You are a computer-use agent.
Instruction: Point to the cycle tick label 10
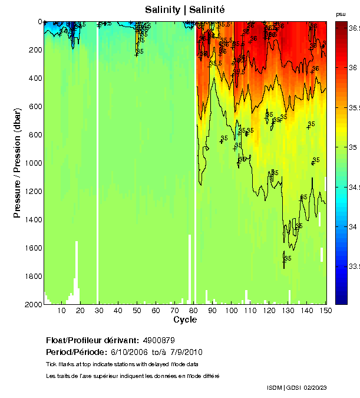point(62,311)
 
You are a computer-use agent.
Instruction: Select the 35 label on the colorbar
point(353,147)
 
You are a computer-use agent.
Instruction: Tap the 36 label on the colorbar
point(353,68)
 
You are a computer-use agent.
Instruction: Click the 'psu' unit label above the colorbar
point(341,14)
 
